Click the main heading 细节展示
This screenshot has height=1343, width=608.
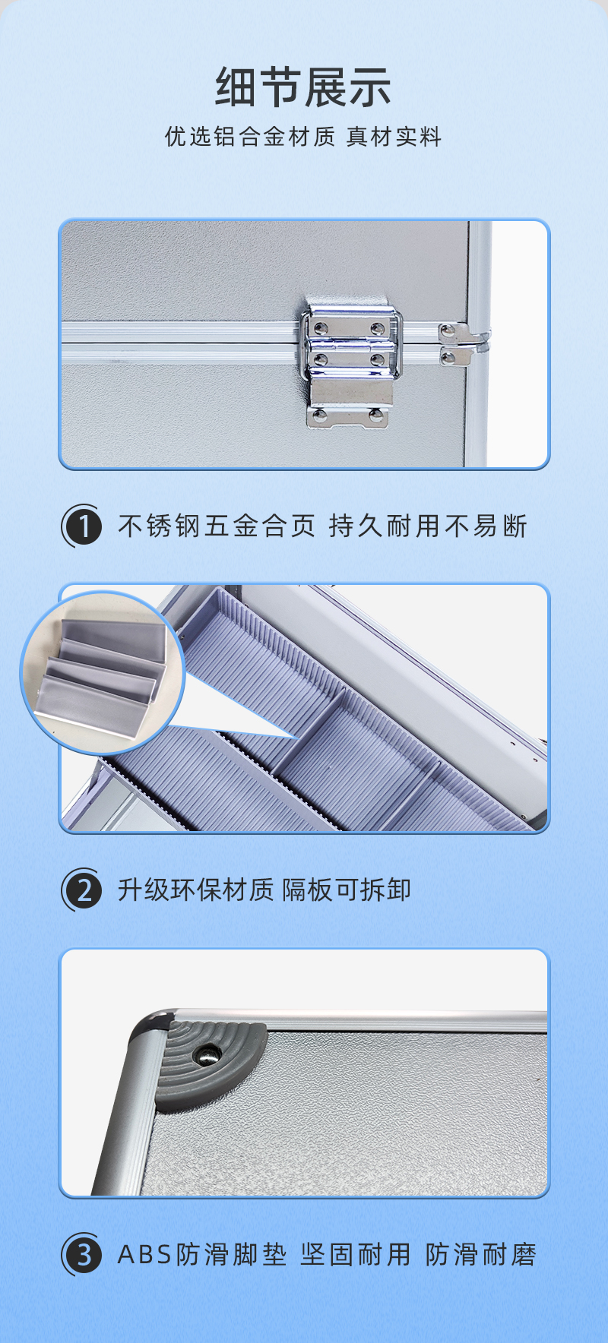click(303, 87)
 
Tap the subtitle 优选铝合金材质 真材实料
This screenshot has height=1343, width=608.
click(303, 137)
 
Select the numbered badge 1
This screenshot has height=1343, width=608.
click(82, 526)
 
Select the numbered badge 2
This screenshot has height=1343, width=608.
click(82, 890)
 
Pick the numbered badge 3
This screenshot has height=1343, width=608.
click(82, 1254)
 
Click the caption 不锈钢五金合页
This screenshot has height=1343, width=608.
click(217, 526)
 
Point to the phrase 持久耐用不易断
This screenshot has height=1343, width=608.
click(429, 526)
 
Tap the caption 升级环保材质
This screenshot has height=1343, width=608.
click(195, 890)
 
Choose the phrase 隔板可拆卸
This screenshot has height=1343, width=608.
click(347, 890)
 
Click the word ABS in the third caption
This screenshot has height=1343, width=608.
click(145, 1255)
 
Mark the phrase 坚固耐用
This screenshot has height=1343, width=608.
click(356, 1255)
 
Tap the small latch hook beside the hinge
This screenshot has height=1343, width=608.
click(461, 344)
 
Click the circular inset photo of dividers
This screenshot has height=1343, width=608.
click(103, 672)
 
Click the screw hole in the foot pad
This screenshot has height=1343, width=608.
click(207, 1054)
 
